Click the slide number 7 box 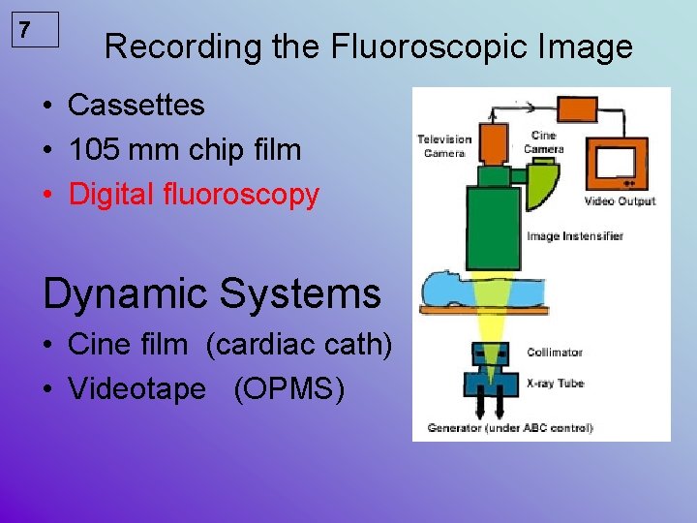[x=37, y=30]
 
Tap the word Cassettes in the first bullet [x=136, y=105]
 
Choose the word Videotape [x=136, y=389]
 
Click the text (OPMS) [x=288, y=389]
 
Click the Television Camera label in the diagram [x=443, y=145]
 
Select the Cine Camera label [x=543, y=142]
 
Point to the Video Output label [x=620, y=201]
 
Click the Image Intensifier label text [x=574, y=235]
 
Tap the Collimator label [x=555, y=353]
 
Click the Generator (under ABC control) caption [x=510, y=427]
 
